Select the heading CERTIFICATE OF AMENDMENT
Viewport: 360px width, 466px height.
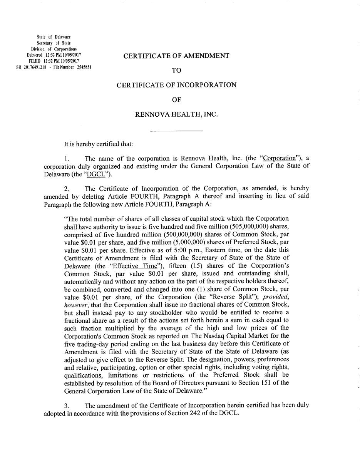click(176, 56)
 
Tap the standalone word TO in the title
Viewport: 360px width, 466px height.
click(176, 70)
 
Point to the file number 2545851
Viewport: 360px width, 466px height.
click(82, 67)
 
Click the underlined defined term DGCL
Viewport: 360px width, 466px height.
click(96, 174)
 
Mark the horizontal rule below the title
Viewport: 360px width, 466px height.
click(176, 131)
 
